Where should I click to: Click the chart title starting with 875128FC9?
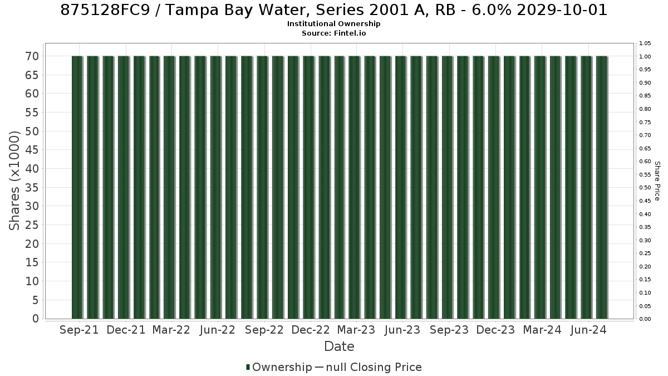pyautogui.click(x=333, y=10)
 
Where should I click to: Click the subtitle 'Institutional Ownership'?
pyautogui.click(x=333, y=24)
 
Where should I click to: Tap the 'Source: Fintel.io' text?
pyautogui.click(x=333, y=33)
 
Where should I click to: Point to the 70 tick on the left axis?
pyautogui.click(x=32, y=56)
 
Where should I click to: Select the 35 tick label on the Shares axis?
pyautogui.click(x=32, y=187)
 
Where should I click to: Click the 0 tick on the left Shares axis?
pyautogui.click(x=36, y=319)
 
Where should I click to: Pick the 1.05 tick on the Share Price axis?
pyautogui.click(x=645, y=43)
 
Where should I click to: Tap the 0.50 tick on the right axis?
pyautogui.click(x=645, y=188)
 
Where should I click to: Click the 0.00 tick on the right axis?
pyautogui.click(x=645, y=319)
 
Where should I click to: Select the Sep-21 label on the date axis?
pyautogui.click(x=79, y=330)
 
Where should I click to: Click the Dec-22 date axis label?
pyautogui.click(x=311, y=330)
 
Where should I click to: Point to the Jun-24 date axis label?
pyautogui.click(x=588, y=330)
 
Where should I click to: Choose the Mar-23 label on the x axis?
pyautogui.click(x=356, y=330)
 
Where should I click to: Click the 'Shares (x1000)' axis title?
pyautogui.click(x=14, y=180)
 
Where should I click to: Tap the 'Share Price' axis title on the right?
pyautogui.click(x=657, y=181)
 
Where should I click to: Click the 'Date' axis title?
pyautogui.click(x=339, y=346)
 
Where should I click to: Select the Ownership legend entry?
pyautogui.click(x=279, y=367)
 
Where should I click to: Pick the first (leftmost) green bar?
pyautogui.click(x=77, y=187)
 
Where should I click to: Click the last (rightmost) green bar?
pyautogui.click(x=602, y=187)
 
